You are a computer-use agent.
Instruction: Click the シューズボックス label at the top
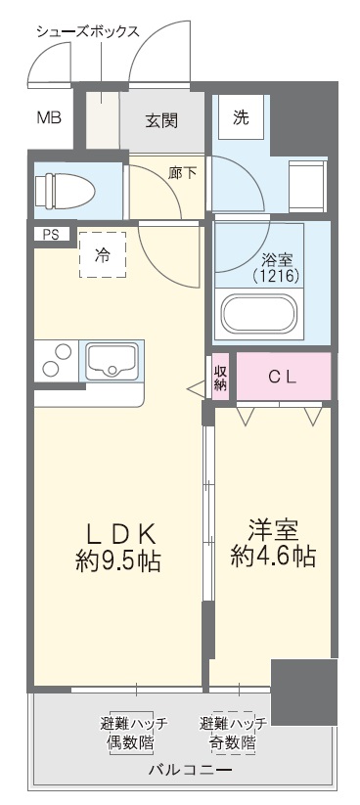tap(88, 30)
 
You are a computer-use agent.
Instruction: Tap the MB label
tap(48, 118)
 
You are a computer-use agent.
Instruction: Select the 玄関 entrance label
tap(161, 121)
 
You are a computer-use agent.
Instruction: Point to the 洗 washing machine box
tap(241, 117)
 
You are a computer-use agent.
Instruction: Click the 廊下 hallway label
tap(182, 173)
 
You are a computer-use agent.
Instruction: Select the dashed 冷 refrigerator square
tap(102, 255)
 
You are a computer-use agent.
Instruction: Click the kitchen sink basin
tap(114, 361)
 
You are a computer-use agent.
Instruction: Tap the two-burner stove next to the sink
tap(57, 361)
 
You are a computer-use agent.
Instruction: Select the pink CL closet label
tap(283, 377)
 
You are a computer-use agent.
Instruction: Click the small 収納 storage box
tap(221, 377)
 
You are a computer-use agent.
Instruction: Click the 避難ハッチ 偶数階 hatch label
tap(134, 733)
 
